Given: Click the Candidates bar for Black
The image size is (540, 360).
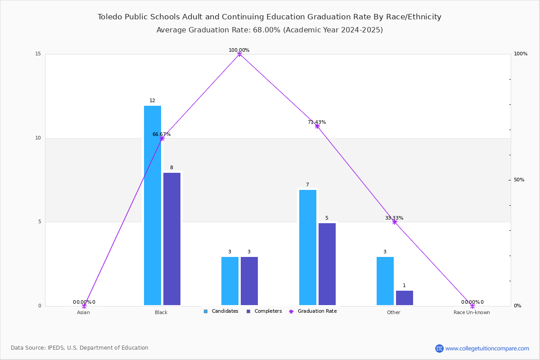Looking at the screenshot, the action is [153, 206].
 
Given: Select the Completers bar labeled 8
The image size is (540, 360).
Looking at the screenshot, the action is [172, 239].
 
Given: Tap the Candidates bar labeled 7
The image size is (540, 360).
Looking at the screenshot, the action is [308, 247].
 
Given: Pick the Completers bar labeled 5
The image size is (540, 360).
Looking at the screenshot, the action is [327, 264].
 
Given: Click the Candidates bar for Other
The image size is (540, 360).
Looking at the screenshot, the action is [385, 281].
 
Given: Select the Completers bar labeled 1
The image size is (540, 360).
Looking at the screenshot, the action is [405, 298].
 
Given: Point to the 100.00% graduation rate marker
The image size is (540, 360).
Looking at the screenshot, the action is [239, 54].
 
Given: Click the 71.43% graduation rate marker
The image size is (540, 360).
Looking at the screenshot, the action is [317, 126].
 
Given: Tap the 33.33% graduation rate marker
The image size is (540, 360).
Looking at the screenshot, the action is [394, 222].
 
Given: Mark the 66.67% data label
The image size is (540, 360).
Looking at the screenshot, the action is [162, 134].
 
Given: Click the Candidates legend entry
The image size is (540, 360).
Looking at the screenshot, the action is [221, 311].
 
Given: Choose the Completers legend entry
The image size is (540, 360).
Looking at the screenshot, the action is [264, 311].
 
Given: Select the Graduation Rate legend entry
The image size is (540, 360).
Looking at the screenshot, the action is [313, 311].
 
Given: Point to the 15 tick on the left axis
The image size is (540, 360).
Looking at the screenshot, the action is [38, 54].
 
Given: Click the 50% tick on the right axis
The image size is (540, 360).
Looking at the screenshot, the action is [519, 180].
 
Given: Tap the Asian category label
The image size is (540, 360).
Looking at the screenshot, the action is [83, 312].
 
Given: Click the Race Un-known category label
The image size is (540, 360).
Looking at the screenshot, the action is [472, 312].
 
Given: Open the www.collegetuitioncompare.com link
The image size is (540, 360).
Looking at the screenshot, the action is [487, 348].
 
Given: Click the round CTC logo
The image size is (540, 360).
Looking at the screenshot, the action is [440, 348].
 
